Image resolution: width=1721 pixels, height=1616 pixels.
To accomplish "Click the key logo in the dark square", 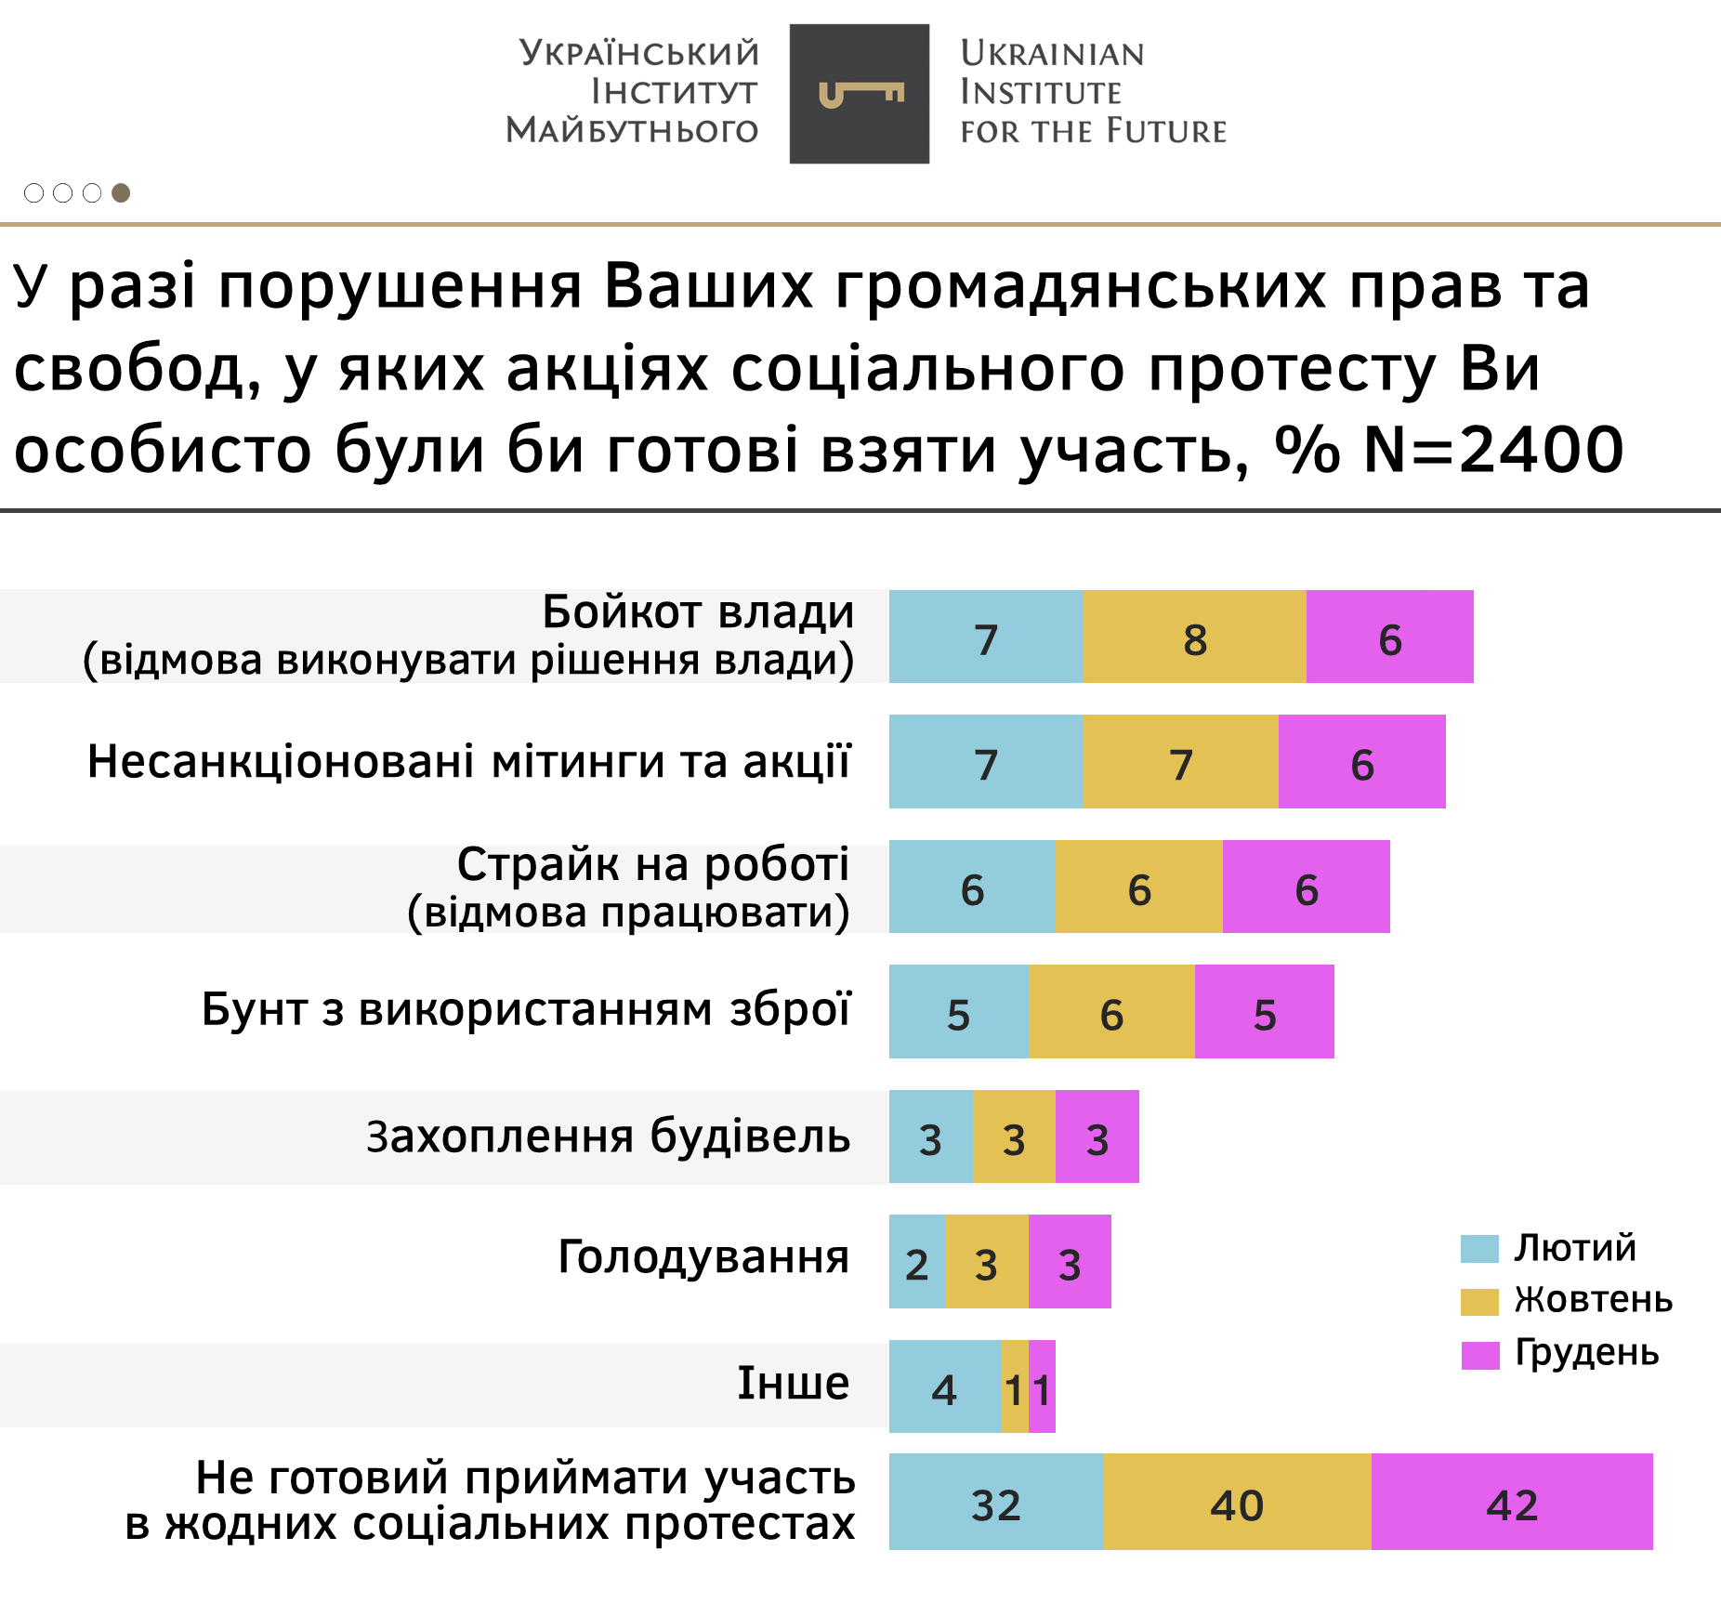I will pyautogui.click(x=860, y=94).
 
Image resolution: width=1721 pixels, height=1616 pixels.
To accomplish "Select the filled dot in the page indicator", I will pyautogui.click(x=121, y=192).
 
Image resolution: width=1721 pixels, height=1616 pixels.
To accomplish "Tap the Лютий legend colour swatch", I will pyautogui.click(x=1479, y=1248).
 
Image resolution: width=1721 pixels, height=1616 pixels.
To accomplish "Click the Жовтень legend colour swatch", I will pyautogui.click(x=1479, y=1301).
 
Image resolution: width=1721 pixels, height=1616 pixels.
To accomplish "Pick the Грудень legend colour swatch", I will pyautogui.click(x=1479, y=1355).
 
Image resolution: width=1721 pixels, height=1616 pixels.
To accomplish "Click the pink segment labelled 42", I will pyautogui.click(x=1512, y=1502).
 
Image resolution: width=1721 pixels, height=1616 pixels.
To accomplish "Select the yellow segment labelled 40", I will pyautogui.click(x=1237, y=1502).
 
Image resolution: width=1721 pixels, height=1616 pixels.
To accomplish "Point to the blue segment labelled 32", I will pyautogui.click(x=995, y=1502).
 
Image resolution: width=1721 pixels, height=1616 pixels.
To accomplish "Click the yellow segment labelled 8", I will pyautogui.click(x=1194, y=637).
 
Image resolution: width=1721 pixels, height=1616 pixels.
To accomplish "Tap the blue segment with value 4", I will pyautogui.click(x=944, y=1386).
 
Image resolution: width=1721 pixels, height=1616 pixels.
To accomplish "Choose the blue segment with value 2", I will pyautogui.click(x=917, y=1262).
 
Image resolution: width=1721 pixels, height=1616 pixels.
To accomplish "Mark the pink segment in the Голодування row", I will pyautogui.click(x=1070, y=1262).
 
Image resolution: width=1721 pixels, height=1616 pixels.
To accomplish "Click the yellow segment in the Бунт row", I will pyautogui.click(x=1111, y=1012).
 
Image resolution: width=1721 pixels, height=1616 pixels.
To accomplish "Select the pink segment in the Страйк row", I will pyautogui.click(x=1306, y=887).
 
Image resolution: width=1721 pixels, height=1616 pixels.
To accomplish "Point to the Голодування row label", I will pyautogui.click(x=703, y=1256).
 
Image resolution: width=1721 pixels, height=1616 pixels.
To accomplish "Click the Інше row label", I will pyautogui.click(x=793, y=1383).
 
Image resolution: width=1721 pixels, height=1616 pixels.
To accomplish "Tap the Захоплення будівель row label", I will pyautogui.click(x=608, y=1136).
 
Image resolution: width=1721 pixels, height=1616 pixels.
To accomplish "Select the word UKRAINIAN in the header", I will pyautogui.click(x=1052, y=54).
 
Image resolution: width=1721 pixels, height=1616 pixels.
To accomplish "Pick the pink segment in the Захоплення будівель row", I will pyautogui.click(x=1097, y=1136).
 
